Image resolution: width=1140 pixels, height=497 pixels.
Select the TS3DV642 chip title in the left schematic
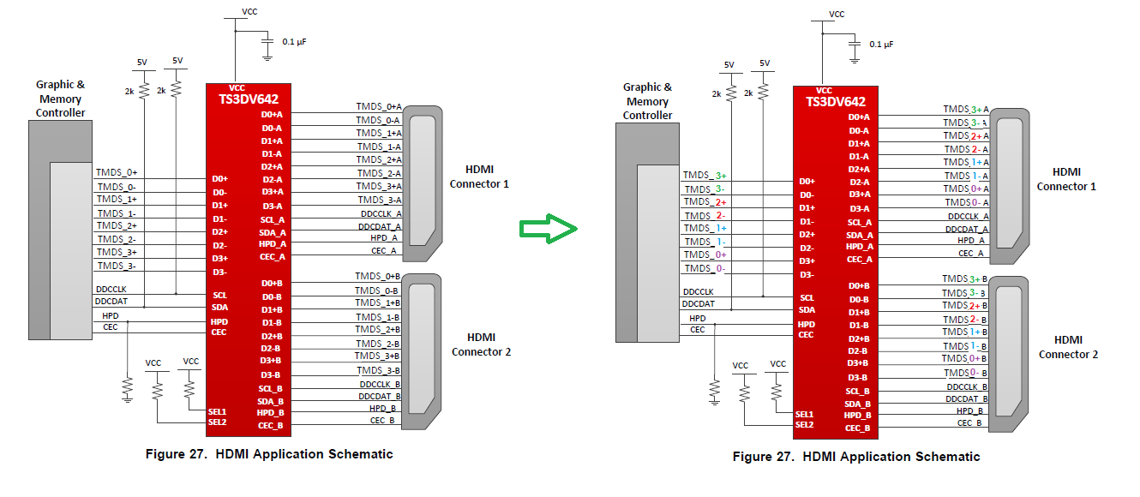tap(248, 99)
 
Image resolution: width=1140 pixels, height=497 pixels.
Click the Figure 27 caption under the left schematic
tap(268, 454)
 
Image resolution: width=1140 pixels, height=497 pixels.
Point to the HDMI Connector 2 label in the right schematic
tap(1068, 347)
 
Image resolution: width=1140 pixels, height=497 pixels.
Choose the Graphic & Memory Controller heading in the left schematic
tap(60, 99)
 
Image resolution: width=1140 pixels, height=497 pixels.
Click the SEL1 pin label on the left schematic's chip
tap(217, 411)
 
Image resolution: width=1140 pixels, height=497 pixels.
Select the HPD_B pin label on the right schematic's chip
tap(858, 415)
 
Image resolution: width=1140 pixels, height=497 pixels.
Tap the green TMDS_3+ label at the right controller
tap(705, 176)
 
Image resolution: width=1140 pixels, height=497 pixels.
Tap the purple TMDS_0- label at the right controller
tap(705, 268)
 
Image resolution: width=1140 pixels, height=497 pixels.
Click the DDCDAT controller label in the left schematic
tap(112, 302)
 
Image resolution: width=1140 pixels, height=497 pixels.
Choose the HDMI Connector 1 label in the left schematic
tap(480, 177)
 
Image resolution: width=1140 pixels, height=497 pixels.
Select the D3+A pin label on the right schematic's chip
tap(859, 195)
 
